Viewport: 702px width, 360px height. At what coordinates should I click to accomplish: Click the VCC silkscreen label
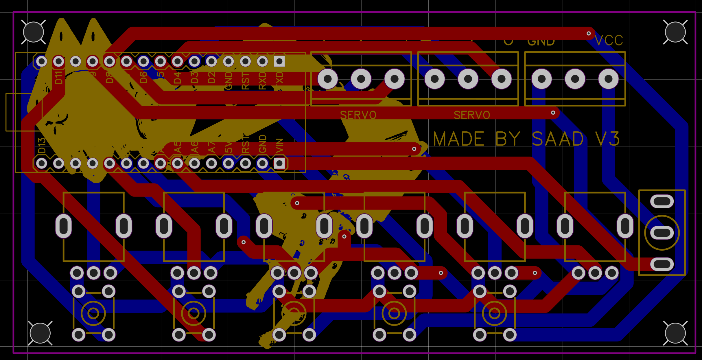609,41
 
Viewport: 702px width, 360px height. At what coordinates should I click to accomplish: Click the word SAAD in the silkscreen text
558,139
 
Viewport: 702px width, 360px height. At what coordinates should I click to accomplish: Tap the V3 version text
607,139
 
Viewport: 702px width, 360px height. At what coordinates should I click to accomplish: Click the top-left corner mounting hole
33,32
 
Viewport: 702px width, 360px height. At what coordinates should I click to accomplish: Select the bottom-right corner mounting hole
675,333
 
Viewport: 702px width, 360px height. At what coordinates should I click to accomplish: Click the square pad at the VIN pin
279,163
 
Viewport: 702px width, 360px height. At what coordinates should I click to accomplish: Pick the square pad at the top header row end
279,61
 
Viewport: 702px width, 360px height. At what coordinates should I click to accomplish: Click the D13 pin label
42,145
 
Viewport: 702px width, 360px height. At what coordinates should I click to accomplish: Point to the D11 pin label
59,77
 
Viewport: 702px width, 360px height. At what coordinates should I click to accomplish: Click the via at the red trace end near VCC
589,34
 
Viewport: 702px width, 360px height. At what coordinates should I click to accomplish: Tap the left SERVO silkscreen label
358,115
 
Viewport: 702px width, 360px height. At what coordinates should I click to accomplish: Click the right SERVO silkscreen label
472,115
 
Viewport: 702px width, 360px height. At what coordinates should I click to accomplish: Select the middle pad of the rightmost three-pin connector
575,79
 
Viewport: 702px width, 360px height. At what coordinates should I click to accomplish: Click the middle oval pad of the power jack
662,233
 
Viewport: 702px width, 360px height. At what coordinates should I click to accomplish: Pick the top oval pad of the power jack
662,201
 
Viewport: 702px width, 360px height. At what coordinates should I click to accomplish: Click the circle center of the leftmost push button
93,313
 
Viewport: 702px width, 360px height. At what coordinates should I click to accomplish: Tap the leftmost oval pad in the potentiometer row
63,226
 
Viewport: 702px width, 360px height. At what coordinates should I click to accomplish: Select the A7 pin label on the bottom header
212,147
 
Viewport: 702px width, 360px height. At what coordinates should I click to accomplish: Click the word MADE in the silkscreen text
458,139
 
